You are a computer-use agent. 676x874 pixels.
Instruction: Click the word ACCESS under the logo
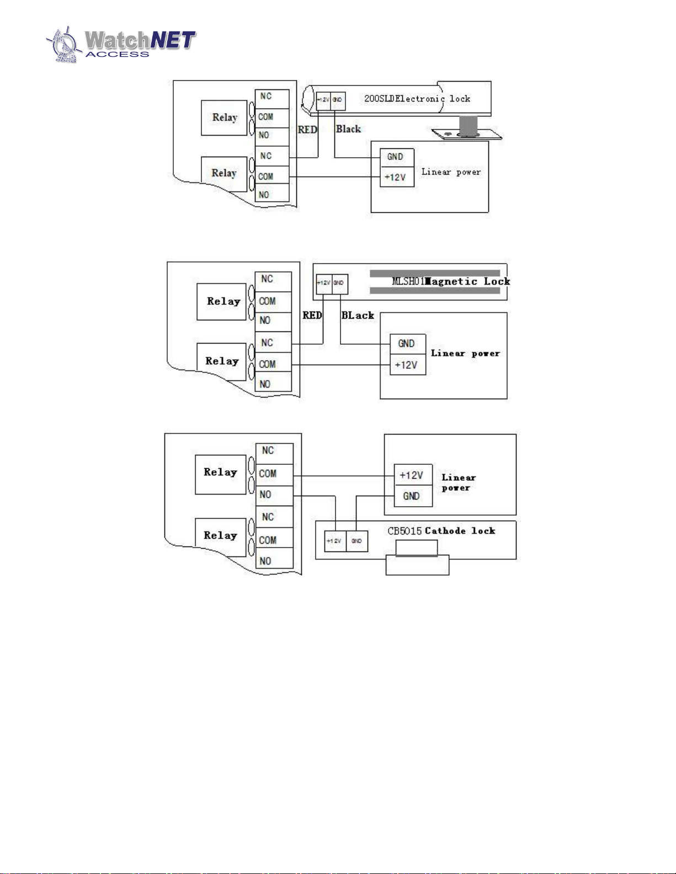(x=117, y=55)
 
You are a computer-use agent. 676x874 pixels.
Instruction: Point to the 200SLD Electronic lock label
(x=417, y=99)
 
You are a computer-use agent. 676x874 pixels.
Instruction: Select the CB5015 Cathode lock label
(x=441, y=531)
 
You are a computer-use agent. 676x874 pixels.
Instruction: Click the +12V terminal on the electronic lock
(x=323, y=100)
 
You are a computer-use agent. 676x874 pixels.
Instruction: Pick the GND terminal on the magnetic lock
(x=339, y=283)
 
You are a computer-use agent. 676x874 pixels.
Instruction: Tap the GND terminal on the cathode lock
(x=356, y=541)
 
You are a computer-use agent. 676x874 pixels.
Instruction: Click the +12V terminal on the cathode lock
(x=334, y=541)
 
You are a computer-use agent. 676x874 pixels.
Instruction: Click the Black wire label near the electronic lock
(x=348, y=129)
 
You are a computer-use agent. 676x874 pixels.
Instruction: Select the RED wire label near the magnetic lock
(x=312, y=315)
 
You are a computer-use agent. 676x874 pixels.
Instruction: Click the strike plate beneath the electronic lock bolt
(x=467, y=135)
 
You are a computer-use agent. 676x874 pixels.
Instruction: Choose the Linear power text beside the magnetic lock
(x=465, y=353)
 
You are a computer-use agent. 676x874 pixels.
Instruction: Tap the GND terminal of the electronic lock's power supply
(x=395, y=157)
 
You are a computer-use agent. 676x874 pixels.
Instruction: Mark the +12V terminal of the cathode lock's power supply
(x=412, y=475)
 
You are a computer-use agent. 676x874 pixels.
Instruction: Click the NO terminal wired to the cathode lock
(x=274, y=495)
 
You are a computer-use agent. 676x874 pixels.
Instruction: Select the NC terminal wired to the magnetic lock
(x=273, y=343)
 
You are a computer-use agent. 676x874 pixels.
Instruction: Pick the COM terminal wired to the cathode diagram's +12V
(x=274, y=474)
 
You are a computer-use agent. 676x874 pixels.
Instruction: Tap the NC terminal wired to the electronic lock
(x=272, y=156)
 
